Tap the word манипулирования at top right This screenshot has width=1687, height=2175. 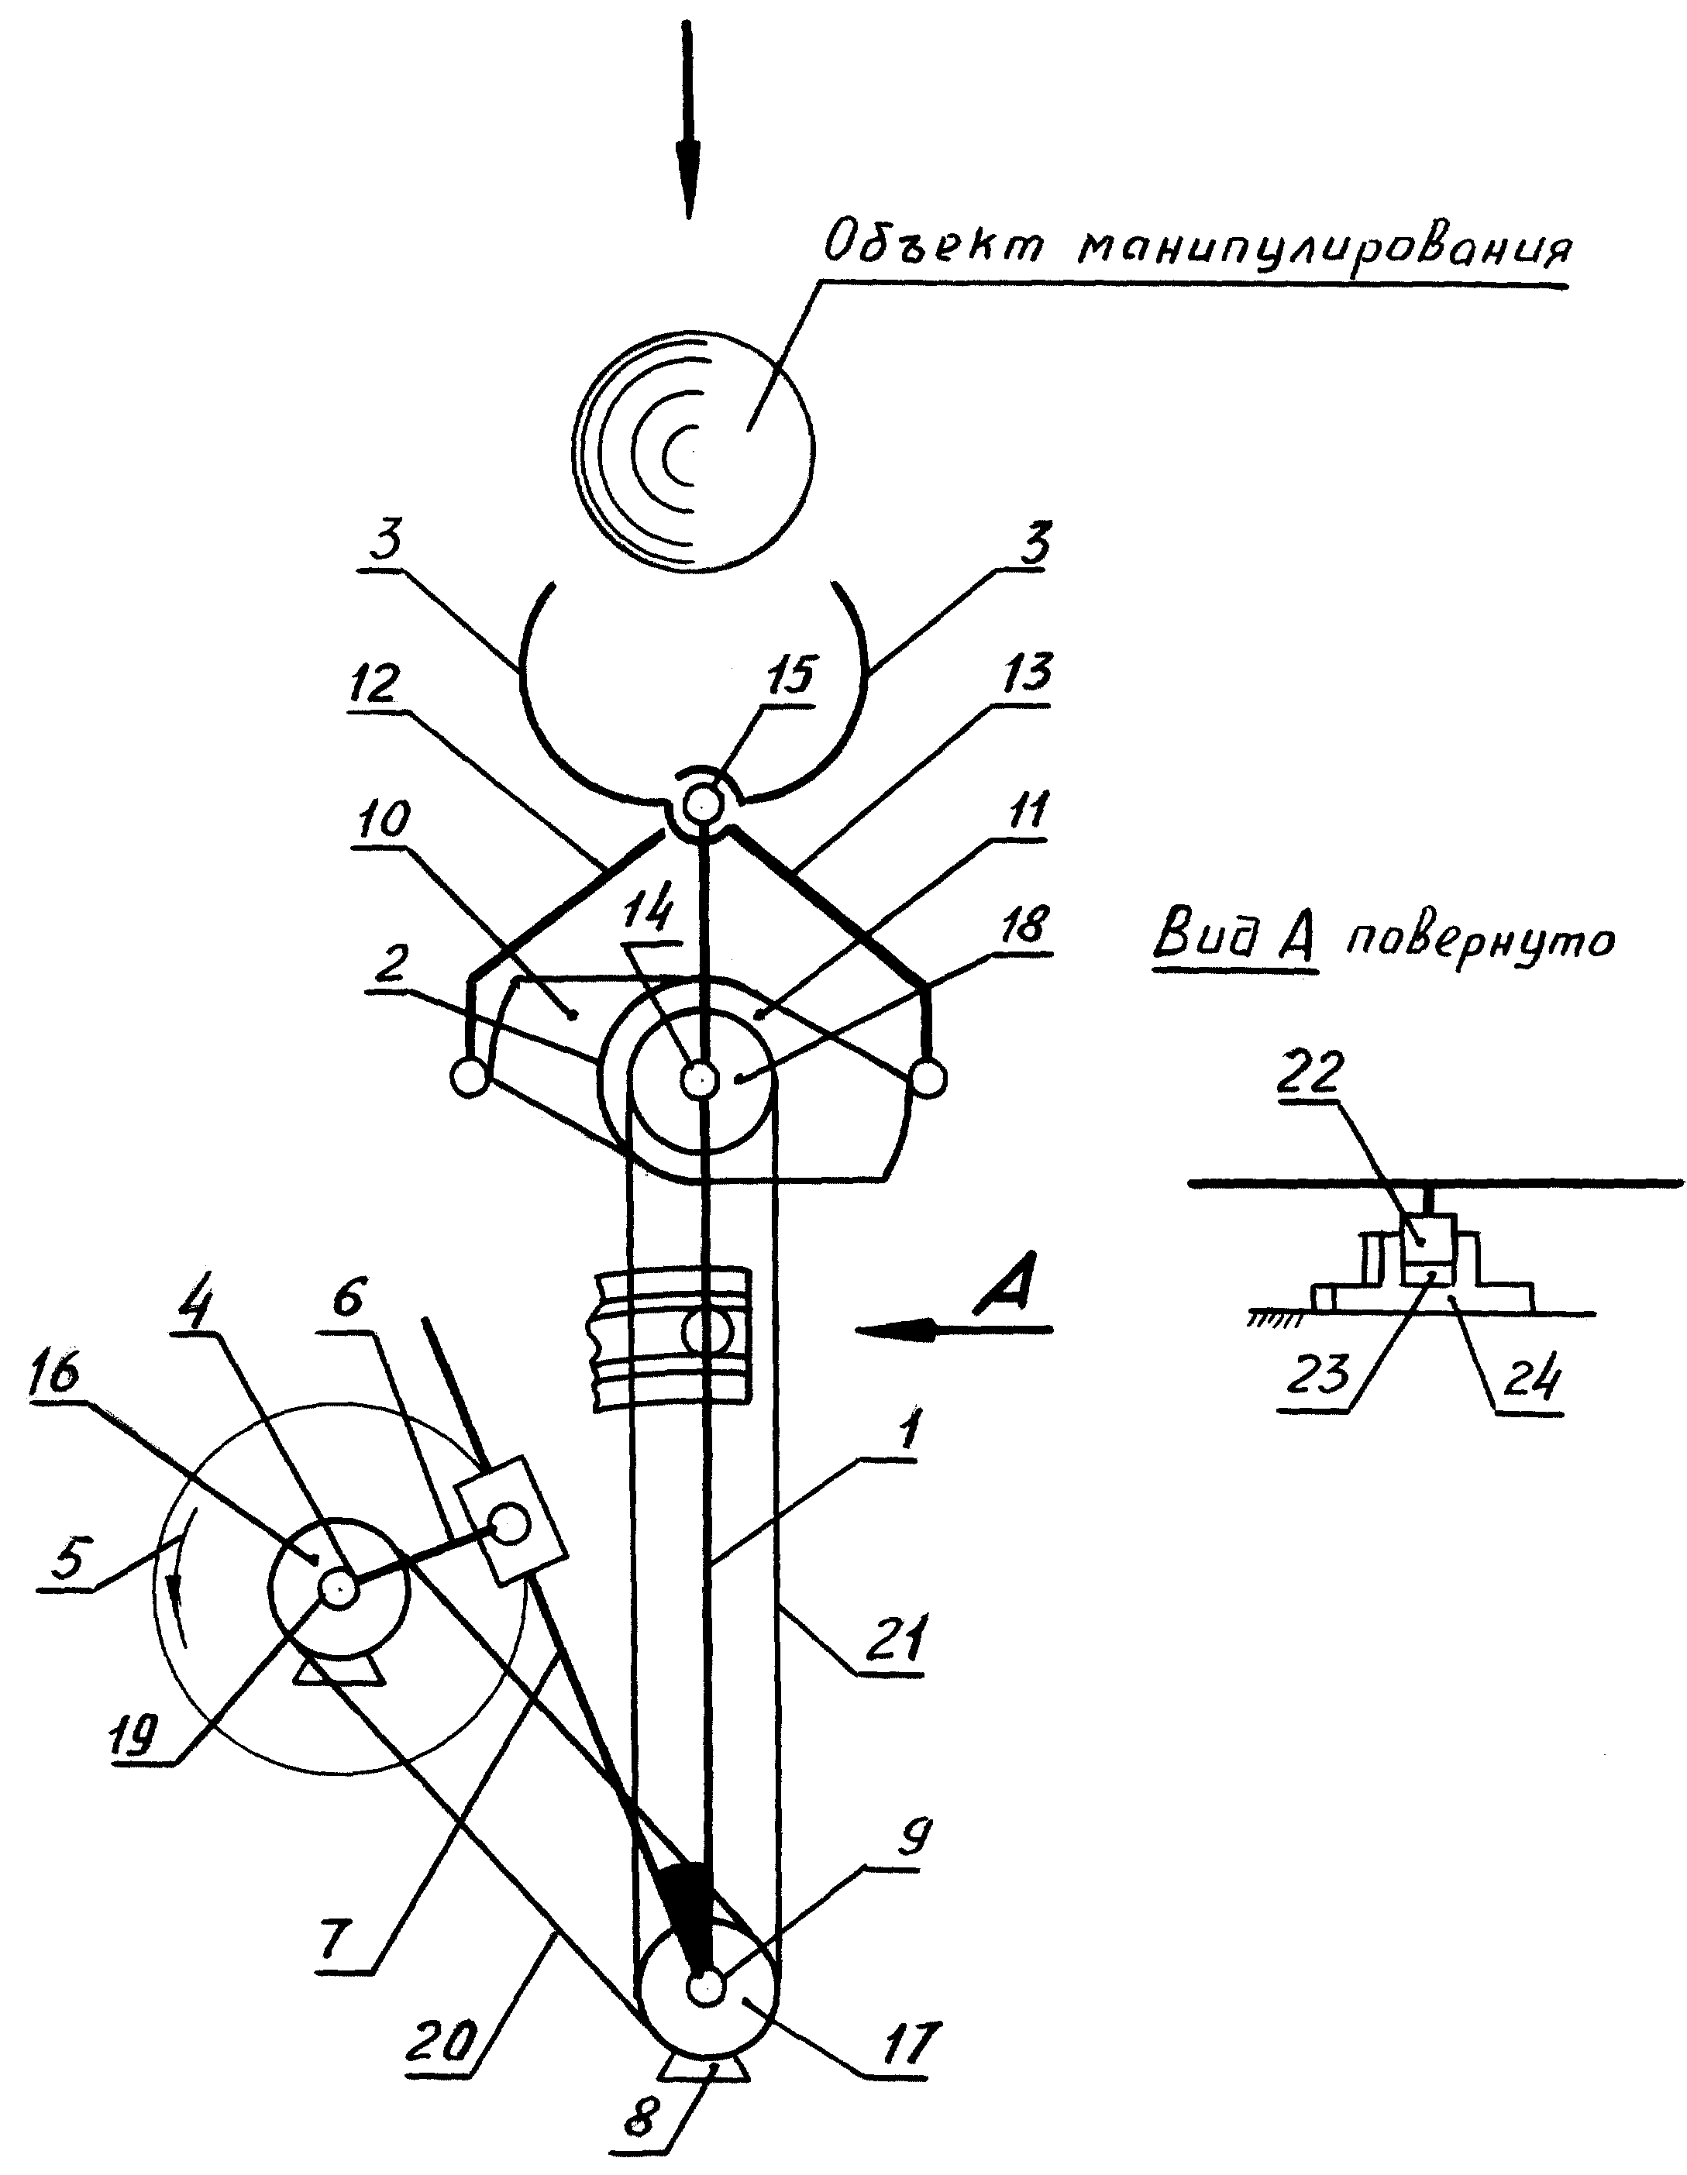(1325, 248)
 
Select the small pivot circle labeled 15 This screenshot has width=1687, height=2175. (702, 800)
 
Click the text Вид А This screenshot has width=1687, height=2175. (1236, 939)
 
